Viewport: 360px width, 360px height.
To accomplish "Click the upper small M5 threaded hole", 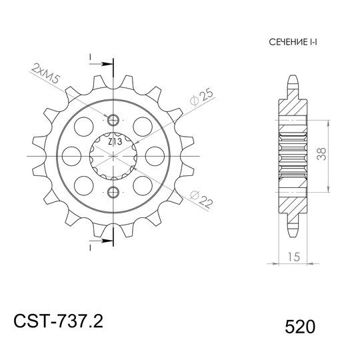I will point(113,120).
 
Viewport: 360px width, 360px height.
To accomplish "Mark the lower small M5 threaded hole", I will point(113,193).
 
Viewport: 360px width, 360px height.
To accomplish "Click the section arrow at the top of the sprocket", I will point(98,64).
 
